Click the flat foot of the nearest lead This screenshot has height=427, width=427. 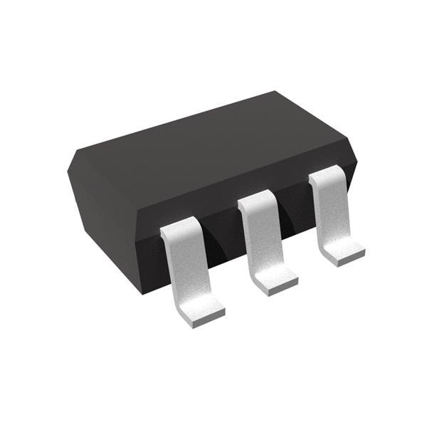[201, 307]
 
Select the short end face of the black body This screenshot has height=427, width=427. [100, 206]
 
